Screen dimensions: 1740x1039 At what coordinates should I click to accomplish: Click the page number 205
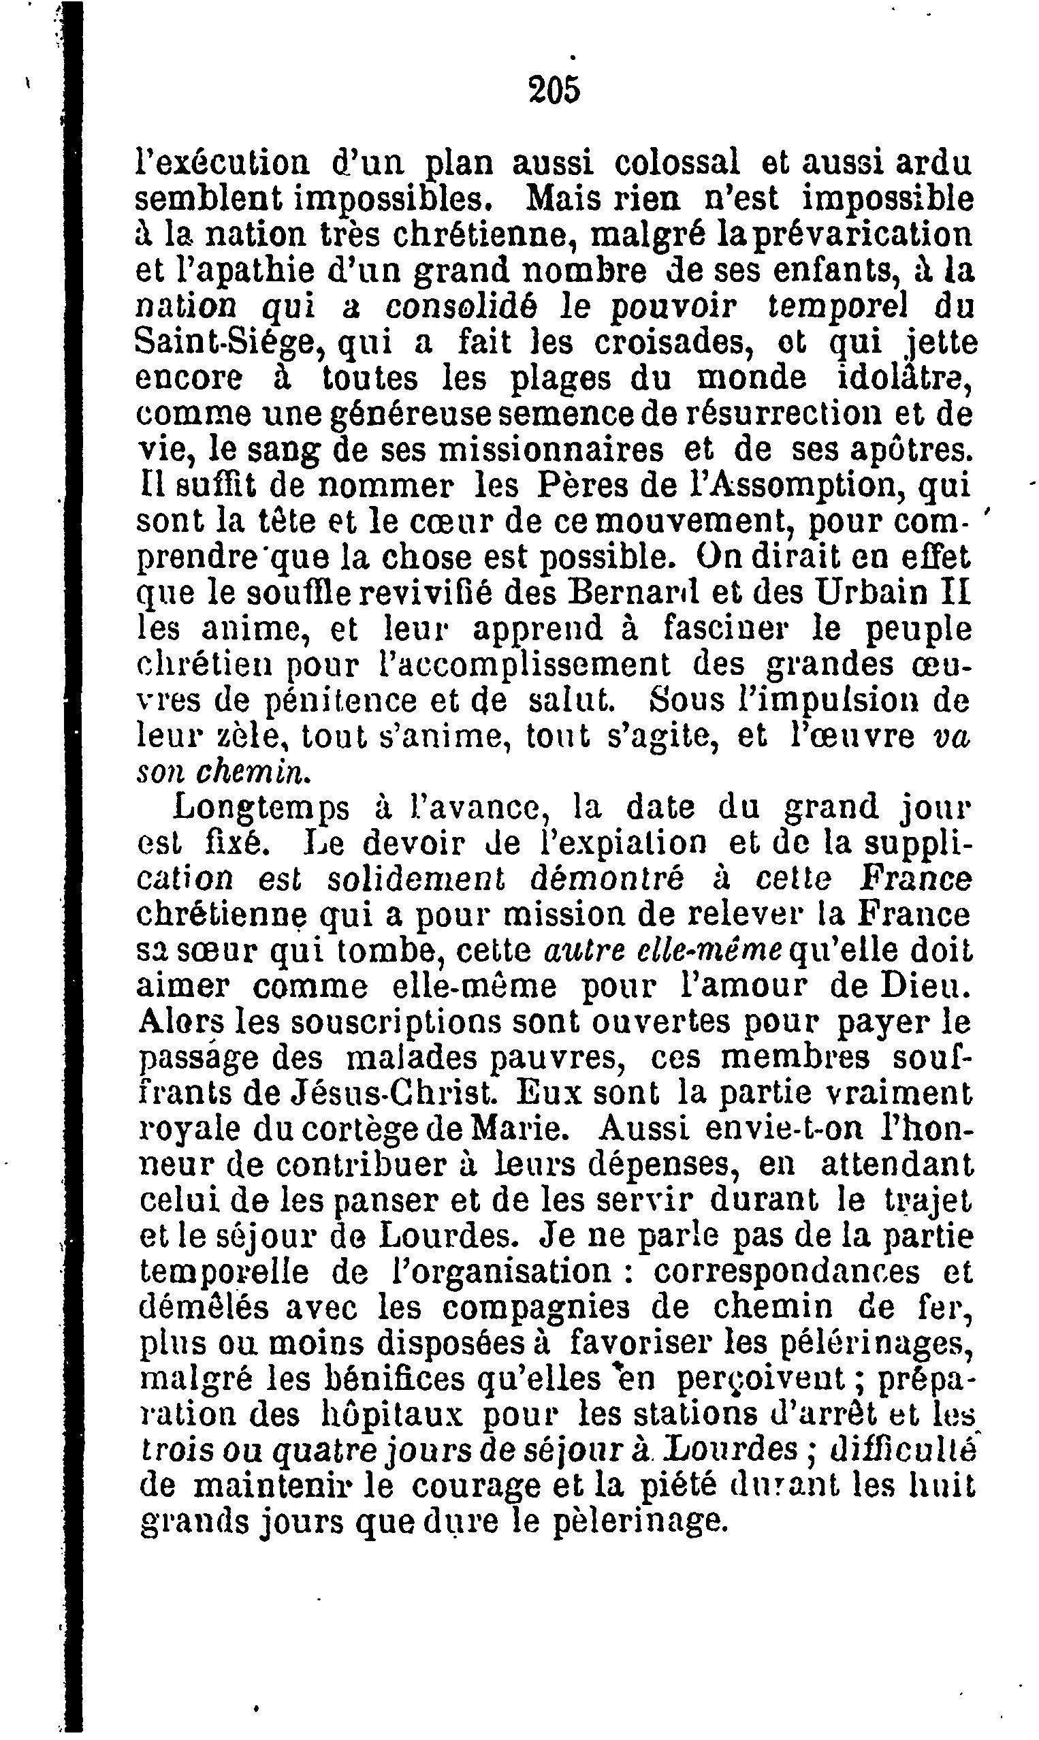tap(555, 91)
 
